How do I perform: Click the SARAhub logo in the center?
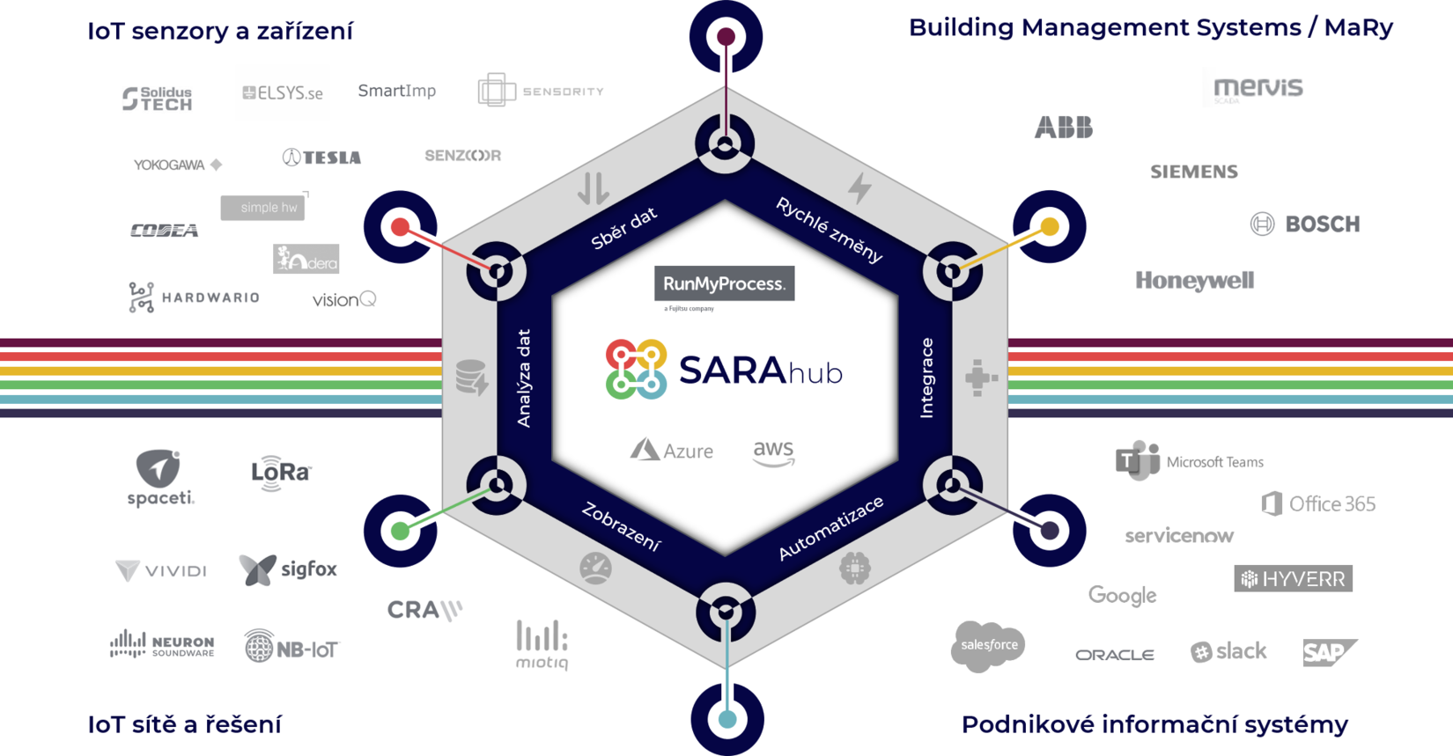click(x=724, y=371)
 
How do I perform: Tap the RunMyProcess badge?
click(x=724, y=283)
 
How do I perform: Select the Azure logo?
click(x=672, y=451)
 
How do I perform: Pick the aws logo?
click(x=774, y=452)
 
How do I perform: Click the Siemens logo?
click(x=1193, y=172)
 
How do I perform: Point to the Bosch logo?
click(x=1305, y=224)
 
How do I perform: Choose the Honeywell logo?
click(x=1194, y=281)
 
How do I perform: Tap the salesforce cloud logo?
click(x=988, y=645)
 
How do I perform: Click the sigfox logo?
click(x=288, y=569)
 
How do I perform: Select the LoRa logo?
click(x=281, y=472)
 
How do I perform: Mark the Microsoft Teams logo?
click(x=1189, y=461)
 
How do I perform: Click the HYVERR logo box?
click(x=1293, y=578)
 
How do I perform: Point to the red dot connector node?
click(x=401, y=227)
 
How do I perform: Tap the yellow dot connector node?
click(x=1049, y=227)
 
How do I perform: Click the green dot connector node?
click(x=401, y=531)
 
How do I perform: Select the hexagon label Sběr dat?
click(x=624, y=229)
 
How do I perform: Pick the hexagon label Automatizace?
click(x=830, y=528)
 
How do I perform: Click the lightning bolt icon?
click(x=859, y=187)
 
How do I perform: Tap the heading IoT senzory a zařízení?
click(x=220, y=32)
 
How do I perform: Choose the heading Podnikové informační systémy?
click(x=1154, y=724)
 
